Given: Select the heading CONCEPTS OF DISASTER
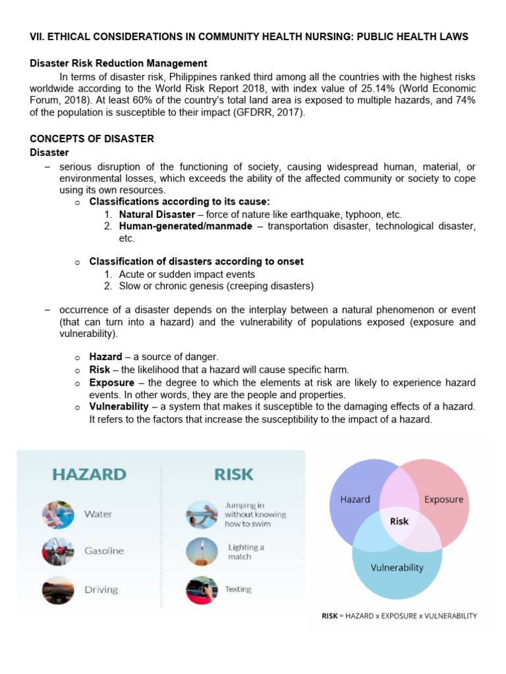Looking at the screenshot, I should [92, 139].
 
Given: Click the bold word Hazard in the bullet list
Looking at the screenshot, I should [105, 357].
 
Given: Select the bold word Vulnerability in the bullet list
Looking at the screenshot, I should [119, 407].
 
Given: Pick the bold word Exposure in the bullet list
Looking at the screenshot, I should [112, 382].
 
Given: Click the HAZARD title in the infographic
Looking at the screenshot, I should [89, 474].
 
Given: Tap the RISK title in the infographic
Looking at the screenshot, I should [233, 474].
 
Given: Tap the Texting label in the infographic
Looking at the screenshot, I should [238, 589].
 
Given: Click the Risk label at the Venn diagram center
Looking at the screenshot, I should [399, 521].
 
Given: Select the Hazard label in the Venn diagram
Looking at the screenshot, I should [354, 499].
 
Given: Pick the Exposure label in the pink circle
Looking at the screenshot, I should [443, 499].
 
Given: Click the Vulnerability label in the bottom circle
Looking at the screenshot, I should [397, 567].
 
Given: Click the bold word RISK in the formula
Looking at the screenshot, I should [329, 616].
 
